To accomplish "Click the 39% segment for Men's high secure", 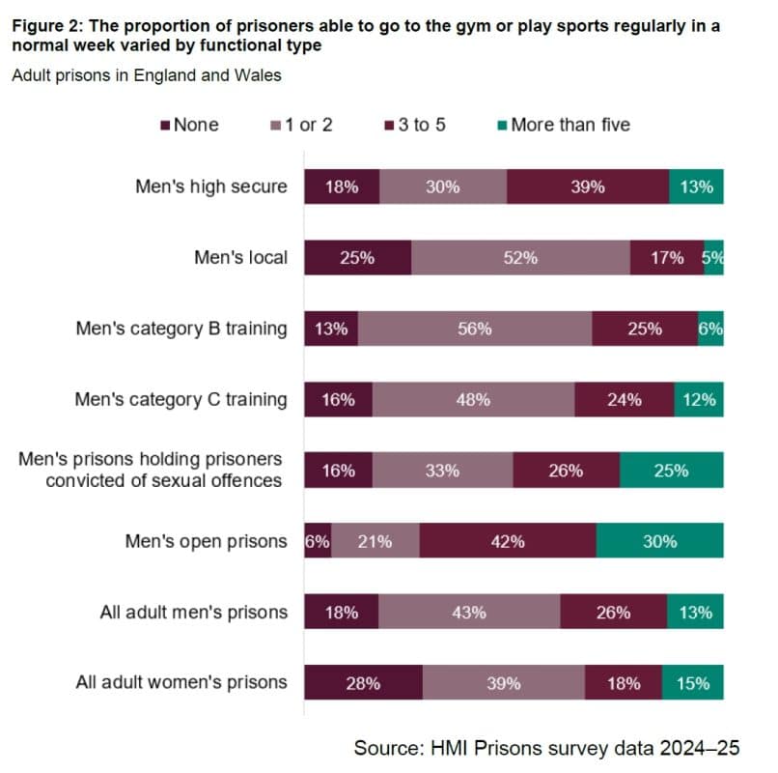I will pyautogui.click(x=587, y=186).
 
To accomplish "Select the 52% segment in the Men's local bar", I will pyautogui.click(x=520, y=258).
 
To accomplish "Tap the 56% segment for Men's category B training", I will pyautogui.click(x=475, y=329).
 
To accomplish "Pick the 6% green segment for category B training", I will pyautogui.click(x=710, y=329).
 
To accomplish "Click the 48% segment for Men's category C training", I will pyautogui.click(x=473, y=399).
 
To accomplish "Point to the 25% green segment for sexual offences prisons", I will pyautogui.click(x=671, y=471).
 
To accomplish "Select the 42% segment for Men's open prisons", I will pyautogui.click(x=508, y=541).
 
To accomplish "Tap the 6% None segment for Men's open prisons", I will pyautogui.click(x=317, y=541).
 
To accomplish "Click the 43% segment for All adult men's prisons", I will pyautogui.click(x=469, y=612).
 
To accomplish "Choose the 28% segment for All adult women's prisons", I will pyautogui.click(x=363, y=683).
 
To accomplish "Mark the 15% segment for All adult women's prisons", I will pyautogui.click(x=693, y=683).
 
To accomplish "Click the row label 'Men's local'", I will pyautogui.click(x=240, y=258).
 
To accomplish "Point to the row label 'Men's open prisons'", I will pyautogui.click(x=206, y=541).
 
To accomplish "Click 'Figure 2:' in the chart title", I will pyautogui.click(x=45, y=26).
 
